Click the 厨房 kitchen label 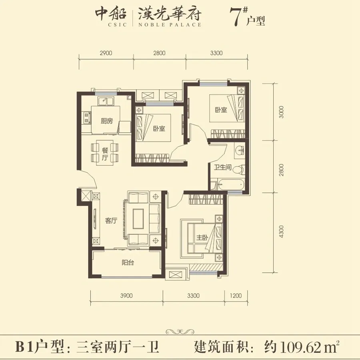107,121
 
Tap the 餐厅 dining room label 105,154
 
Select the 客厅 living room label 111,221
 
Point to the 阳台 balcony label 128,262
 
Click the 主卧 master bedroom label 202,237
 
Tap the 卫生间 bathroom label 222,167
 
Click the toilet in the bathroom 239,170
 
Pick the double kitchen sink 105,101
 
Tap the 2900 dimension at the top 106,53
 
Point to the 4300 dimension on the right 281,232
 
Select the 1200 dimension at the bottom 236,296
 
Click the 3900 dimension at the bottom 126,296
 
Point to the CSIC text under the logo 117,24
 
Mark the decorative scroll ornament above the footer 180,332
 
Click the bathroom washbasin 240,151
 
